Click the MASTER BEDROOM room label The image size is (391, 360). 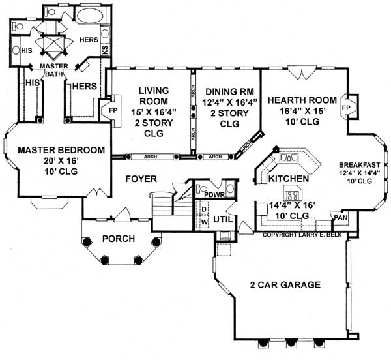(61, 150)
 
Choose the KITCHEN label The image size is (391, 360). (289, 178)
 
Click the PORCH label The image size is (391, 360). (118, 239)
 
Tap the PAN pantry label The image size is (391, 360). (339, 218)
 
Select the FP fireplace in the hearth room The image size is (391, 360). (347, 106)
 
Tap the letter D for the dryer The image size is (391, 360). (205, 209)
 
